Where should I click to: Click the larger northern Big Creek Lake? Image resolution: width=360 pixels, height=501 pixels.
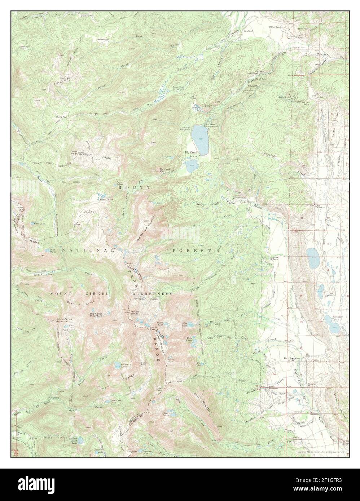tap(199, 140)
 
